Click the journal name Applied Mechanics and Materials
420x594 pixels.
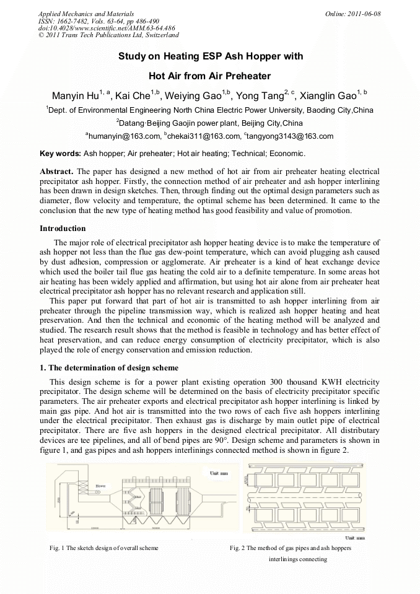point(86,13)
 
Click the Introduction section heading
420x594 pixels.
point(63,229)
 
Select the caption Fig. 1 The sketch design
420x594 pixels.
point(104,548)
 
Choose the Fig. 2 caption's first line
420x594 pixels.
point(290,548)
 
